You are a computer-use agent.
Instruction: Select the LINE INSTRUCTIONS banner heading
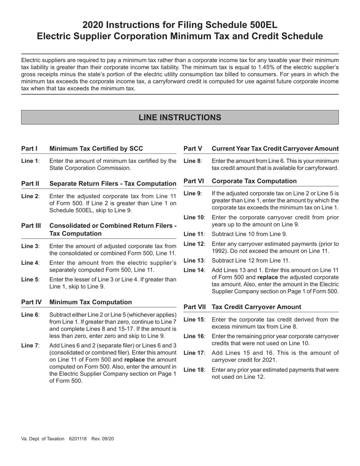point(180,117)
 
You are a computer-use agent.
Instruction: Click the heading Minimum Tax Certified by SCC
point(96,149)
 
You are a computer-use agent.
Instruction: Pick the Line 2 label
point(30,196)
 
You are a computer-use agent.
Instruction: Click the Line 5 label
point(30,280)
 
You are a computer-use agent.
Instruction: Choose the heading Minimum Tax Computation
point(91,302)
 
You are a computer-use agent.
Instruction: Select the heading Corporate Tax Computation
point(254,181)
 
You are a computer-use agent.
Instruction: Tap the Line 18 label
point(194,370)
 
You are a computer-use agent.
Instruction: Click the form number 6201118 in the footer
point(78,439)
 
